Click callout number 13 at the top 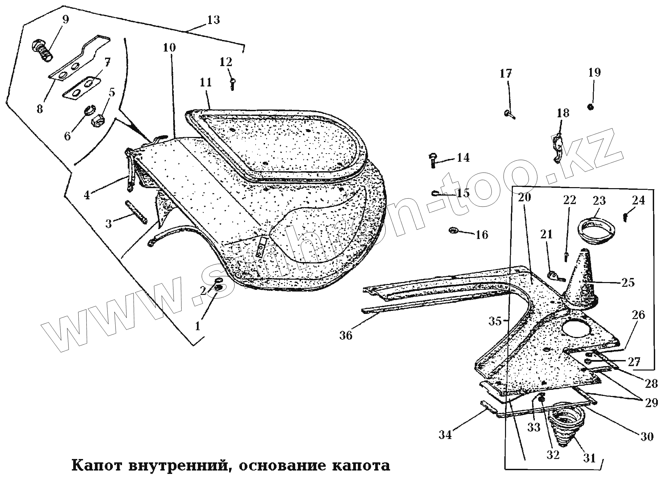[x=214, y=20]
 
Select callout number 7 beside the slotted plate [x=107, y=62]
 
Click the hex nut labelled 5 [x=97, y=119]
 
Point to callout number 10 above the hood [x=169, y=48]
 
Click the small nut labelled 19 [x=590, y=107]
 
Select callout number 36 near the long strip [x=346, y=335]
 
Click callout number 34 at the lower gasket [x=446, y=435]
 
